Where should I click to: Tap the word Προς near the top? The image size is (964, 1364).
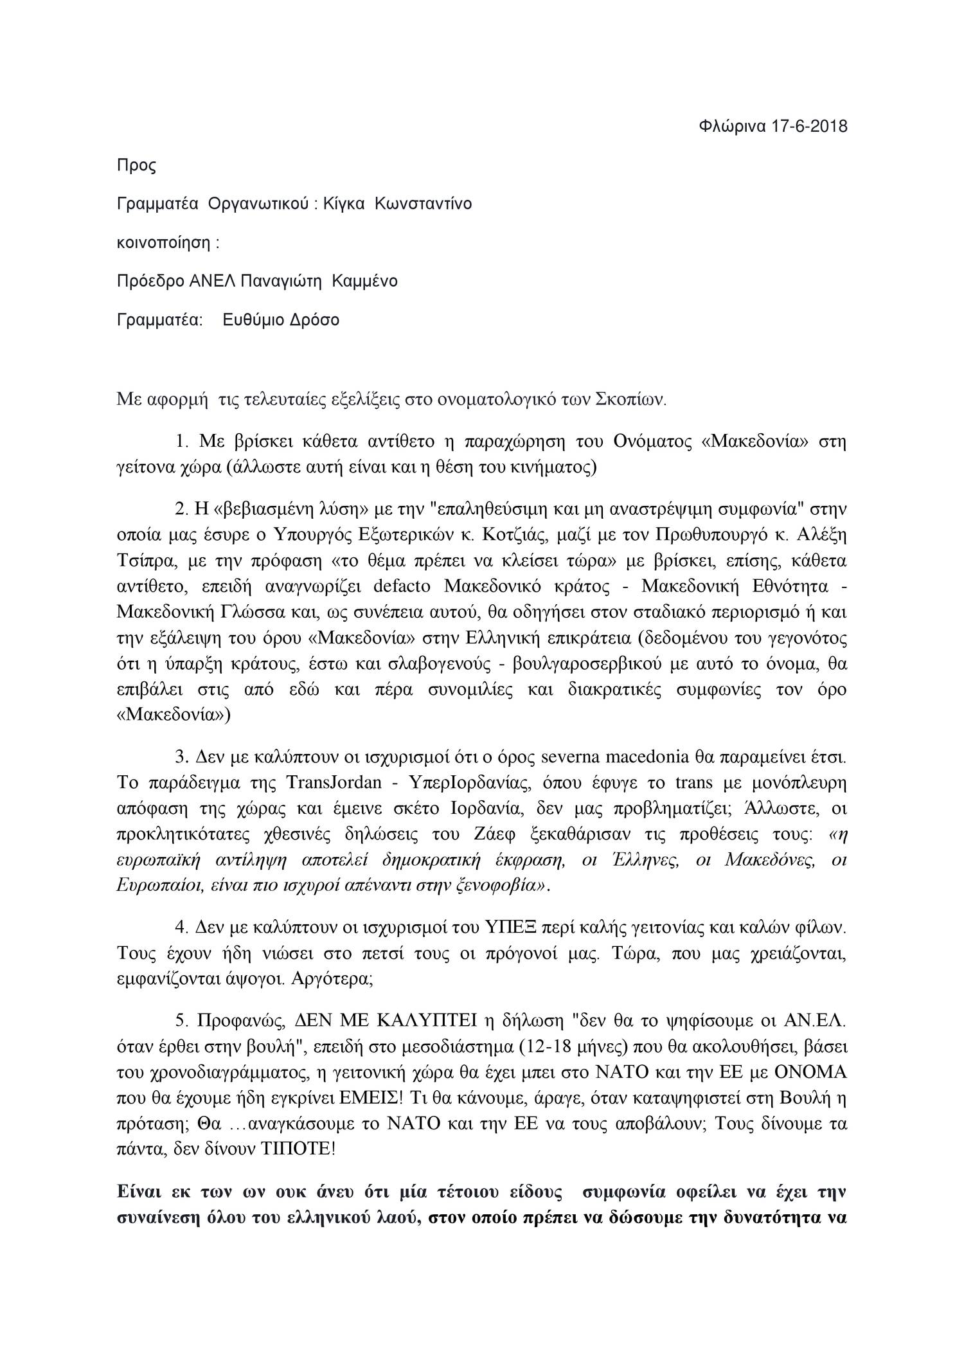136,166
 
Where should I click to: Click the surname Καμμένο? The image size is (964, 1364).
364,282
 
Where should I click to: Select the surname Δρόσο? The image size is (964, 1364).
313,320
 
